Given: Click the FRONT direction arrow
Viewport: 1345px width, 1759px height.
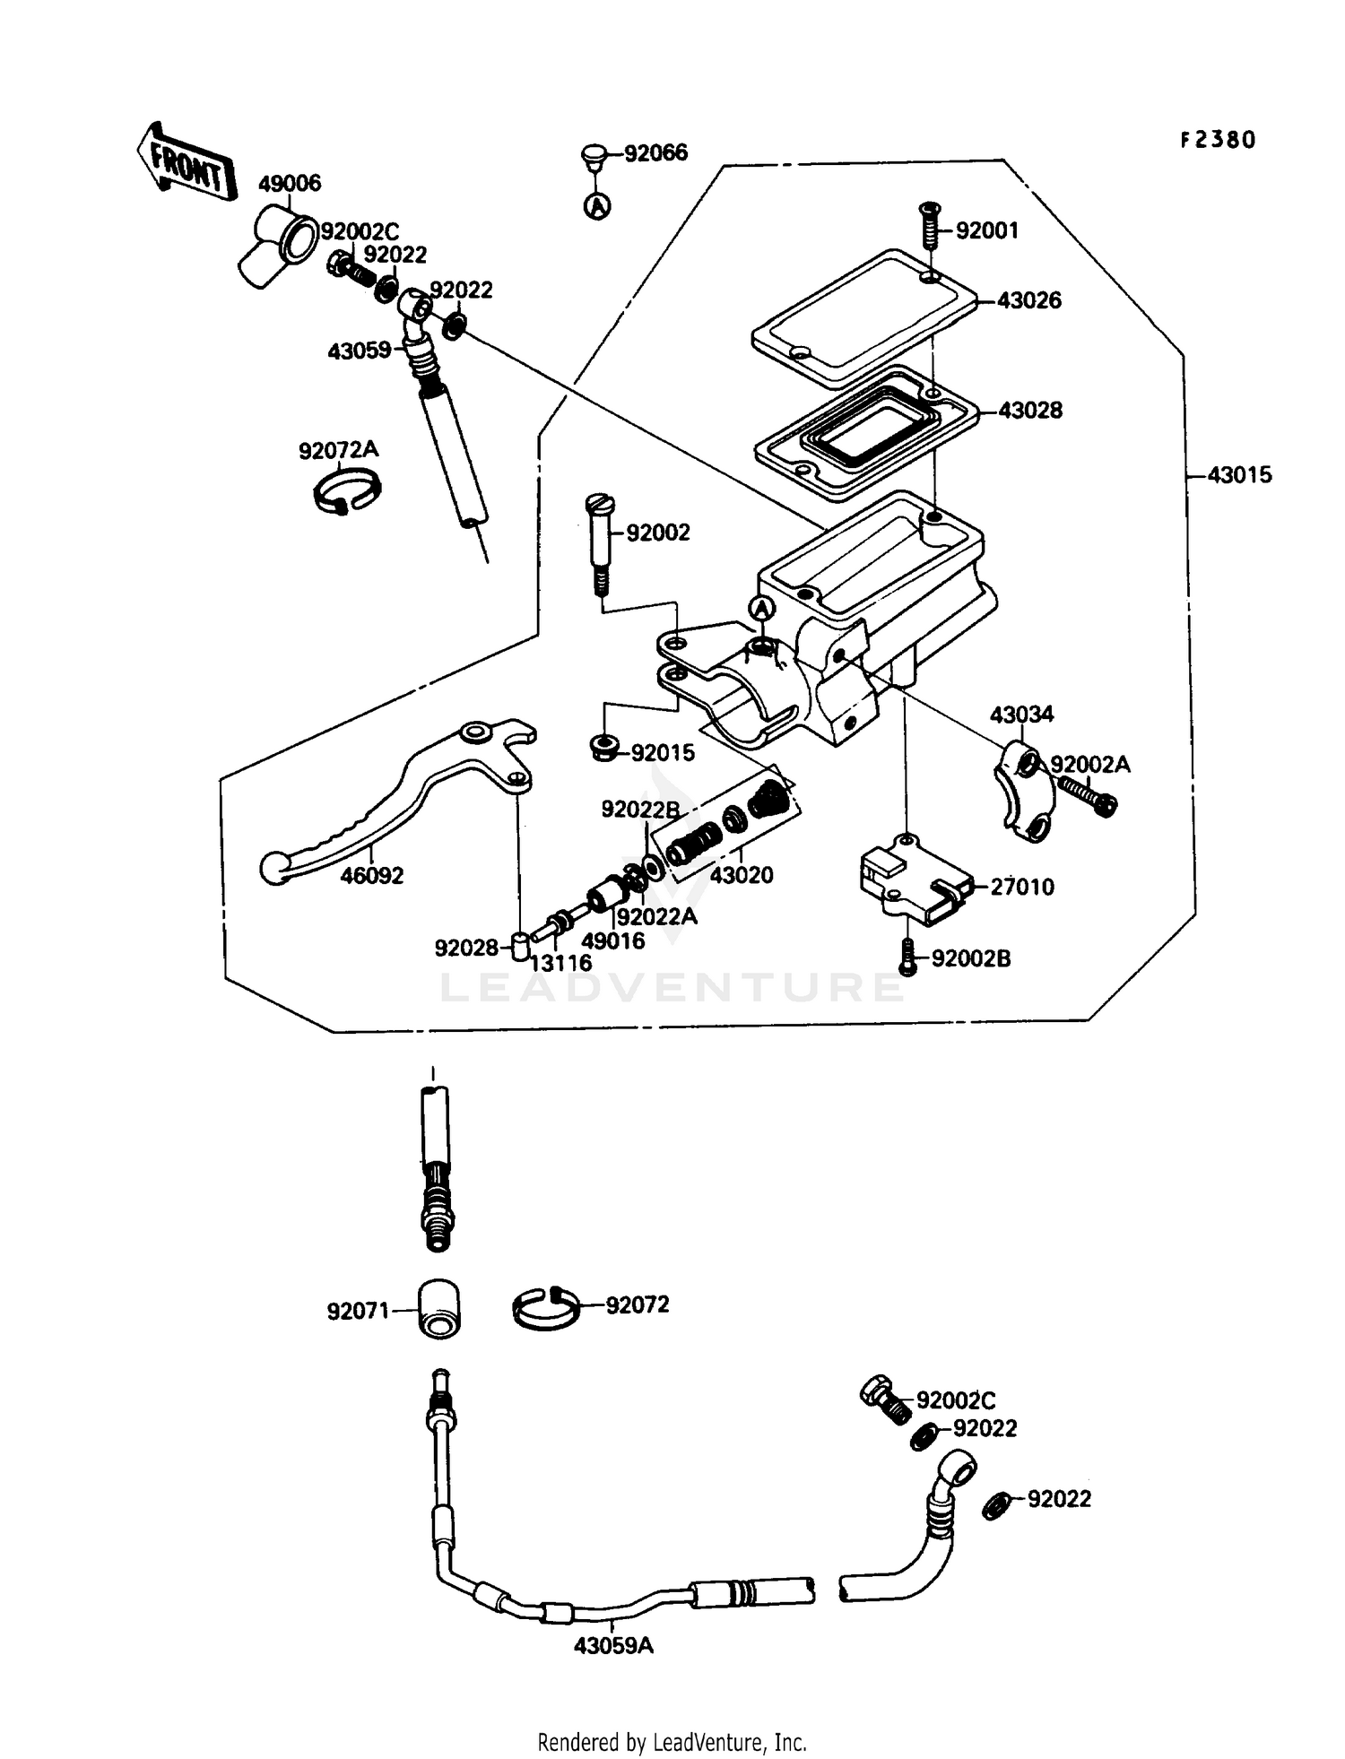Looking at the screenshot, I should click(x=186, y=162).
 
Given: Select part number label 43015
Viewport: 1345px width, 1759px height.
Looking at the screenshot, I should click(x=1239, y=475).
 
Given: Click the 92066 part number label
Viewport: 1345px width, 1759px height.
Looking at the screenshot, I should click(x=655, y=152).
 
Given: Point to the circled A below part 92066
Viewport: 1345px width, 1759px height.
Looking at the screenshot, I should click(x=598, y=206).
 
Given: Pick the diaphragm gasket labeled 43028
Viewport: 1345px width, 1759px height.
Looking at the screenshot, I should click(x=865, y=430).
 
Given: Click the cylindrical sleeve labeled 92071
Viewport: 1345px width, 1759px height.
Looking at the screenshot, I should click(x=438, y=1310).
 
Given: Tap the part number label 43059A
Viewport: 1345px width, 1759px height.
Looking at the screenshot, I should click(x=614, y=1646).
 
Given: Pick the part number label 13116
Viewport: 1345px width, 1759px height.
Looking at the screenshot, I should click(x=560, y=964).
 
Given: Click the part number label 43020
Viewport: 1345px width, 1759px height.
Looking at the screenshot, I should click(x=741, y=875).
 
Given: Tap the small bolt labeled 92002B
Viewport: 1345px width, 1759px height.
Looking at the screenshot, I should click(x=907, y=957).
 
